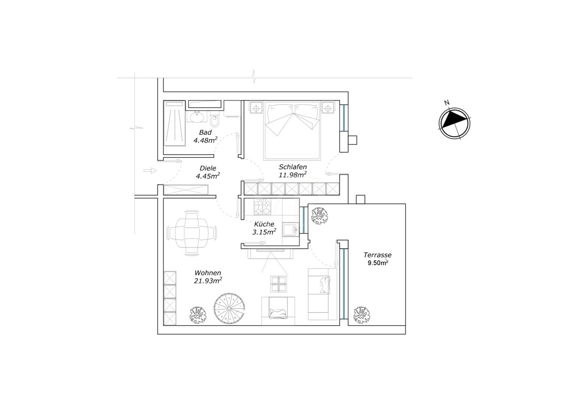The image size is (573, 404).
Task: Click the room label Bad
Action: [205, 132]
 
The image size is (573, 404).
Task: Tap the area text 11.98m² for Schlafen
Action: [293, 175]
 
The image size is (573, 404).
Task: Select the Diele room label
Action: [208, 168]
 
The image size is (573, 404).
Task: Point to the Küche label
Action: [264, 224]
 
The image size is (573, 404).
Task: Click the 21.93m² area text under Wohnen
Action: [208, 280]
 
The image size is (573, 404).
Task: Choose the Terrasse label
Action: [377, 255]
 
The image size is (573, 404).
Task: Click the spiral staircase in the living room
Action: [229, 309]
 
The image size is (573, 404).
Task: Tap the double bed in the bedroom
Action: [292, 131]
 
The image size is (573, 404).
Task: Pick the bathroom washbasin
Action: [197, 116]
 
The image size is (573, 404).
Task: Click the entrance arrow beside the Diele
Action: [150, 171]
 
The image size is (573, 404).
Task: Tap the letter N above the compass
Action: [447, 103]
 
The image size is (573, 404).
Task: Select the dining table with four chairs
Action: [192, 233]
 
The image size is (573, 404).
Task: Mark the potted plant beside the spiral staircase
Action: [198, 315]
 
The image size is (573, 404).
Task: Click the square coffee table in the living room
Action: [278, 284]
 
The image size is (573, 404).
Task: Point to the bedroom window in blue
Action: [344, 117]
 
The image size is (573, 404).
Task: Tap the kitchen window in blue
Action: [304, 220]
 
